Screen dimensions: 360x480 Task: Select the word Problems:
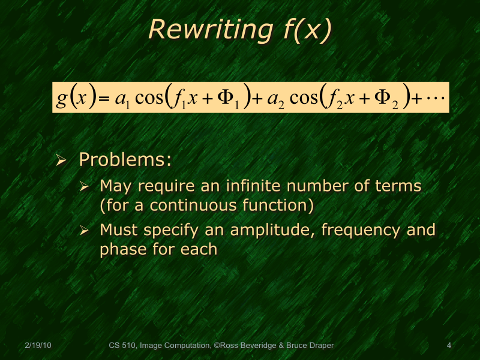pyautogui.click(x=125, y=160)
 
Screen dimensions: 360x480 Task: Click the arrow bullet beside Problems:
pyautogui.click(x=61, y=160)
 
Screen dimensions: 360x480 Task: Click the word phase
pyautogui.click(x=122, y=249)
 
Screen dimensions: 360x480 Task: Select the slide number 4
pyautogui.click(x=449, y=345)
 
